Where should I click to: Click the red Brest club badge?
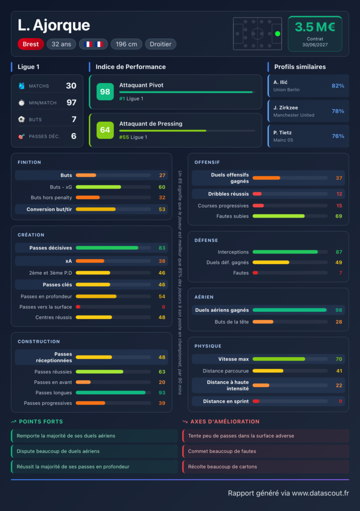30,44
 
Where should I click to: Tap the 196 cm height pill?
126,44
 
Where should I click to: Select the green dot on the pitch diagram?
278,33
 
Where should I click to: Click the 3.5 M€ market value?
315,27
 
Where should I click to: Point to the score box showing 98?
105,92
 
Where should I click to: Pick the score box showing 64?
105,130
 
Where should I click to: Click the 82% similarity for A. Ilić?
338,86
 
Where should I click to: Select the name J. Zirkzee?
286,108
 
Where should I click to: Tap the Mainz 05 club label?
283,140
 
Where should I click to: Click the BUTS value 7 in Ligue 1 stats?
74,119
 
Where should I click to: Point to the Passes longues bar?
111,393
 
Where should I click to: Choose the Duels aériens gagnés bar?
289,310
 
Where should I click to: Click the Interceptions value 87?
339,252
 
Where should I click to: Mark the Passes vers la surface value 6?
164,307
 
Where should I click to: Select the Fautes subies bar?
279,216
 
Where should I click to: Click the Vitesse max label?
233,359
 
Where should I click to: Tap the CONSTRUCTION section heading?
39,341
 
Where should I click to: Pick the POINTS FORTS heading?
41,422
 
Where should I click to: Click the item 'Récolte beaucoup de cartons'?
223,467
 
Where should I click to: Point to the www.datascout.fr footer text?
320,493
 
